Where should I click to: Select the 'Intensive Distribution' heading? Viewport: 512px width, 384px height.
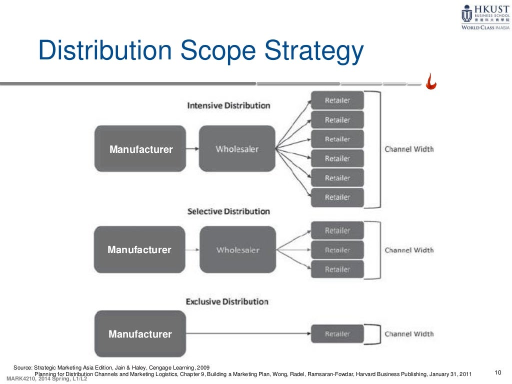[228, 106]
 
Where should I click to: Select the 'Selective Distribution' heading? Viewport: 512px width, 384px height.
[228, 212]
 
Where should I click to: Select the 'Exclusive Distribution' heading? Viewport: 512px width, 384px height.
[227, 302]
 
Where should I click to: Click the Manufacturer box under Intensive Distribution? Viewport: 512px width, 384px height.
[140, 149]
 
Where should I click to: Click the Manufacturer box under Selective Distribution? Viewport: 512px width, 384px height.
[139, 250]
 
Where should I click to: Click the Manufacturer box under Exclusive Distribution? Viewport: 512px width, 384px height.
[140, 334]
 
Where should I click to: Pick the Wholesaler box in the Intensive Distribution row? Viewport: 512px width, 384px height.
[237, 149]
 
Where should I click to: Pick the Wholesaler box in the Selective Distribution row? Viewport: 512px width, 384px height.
[237, 250]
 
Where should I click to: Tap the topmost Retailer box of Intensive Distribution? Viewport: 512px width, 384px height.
[337, 100]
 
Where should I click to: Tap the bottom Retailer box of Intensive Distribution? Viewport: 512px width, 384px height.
[337, 197]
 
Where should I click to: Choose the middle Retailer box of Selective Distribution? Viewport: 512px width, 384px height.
[337, 250]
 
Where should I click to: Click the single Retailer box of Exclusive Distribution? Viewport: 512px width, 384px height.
[337, 334]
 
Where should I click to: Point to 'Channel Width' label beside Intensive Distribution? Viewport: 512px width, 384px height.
[409, 149]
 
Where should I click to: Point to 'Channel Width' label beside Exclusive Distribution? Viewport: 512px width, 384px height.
[409, 334]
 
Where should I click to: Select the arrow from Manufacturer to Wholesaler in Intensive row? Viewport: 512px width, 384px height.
[192, 149]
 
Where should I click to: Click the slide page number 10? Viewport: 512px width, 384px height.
[497, 372]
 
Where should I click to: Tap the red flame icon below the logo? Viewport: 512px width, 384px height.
[430, 81]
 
